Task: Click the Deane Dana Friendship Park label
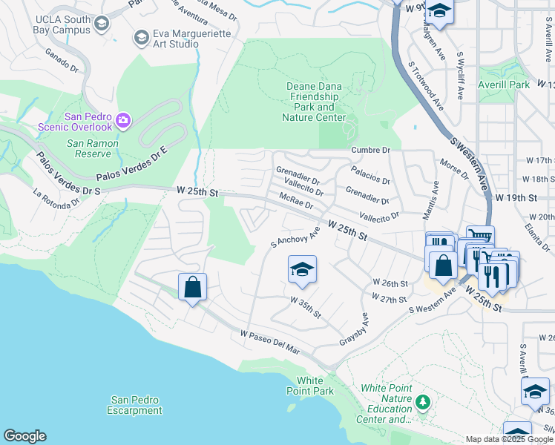(x=315, y=102)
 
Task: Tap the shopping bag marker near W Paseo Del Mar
(x=192, y=288)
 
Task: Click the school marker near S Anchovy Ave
(x=302, y=271)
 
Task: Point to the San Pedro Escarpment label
(x=134, y=405)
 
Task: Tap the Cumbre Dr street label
(x=370, y=150)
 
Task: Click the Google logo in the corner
(x=24, y=436)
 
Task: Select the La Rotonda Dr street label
(x=56, y=198)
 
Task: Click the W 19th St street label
(x=516, y=198)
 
